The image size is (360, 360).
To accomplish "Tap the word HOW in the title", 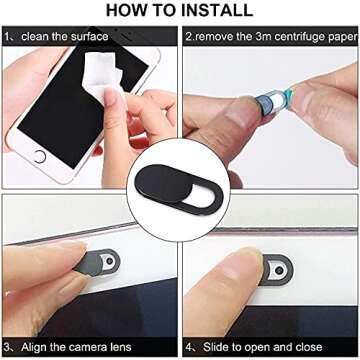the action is [x=127, y=10].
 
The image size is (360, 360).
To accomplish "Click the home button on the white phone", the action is [x=40, y=157].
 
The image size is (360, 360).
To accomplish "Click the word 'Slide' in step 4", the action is [x=217, y=347].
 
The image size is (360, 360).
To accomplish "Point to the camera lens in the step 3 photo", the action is [x=110, y=263].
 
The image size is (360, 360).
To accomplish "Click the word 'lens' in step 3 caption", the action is [x=118, y=347].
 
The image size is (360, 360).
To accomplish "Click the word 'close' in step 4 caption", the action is [x=308, y=347].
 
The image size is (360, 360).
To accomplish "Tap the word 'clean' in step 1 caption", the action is [x=35, y=36].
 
